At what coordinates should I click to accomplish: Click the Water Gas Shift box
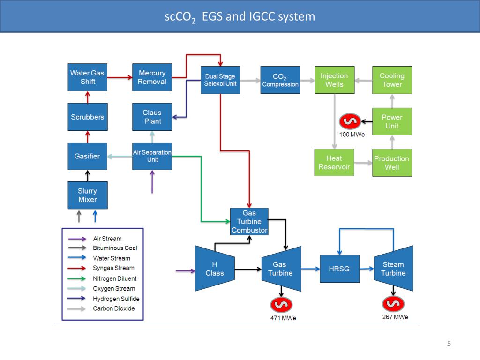pos(88,77)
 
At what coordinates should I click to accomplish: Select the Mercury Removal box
pos(152,77)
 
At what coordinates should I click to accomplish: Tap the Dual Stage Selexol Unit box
pos(220,80)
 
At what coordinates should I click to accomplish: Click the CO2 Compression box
pos(280,80)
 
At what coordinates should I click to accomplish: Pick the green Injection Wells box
pos(334,80)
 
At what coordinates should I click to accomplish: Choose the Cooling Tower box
pos(392,80)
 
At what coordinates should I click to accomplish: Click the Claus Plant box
pos(152,117)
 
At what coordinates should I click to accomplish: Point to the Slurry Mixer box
pos(88,195)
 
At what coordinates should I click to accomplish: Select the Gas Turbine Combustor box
pos(249,222)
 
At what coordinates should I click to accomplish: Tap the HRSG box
pos(339,269)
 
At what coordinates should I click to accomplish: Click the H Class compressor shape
pos(215,269)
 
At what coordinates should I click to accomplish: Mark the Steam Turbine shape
pos(393,269)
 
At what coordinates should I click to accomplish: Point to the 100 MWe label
pos(352,135)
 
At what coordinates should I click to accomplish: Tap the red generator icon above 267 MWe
pos(393,304)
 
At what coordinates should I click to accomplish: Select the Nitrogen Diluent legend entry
pos(115,278)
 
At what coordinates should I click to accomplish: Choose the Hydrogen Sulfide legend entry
pos(116,299)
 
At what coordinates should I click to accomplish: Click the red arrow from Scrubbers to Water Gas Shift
pos(88,97)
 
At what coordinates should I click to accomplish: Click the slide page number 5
pos(449,344)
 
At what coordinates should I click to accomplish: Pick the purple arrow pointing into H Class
pos(185,270)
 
